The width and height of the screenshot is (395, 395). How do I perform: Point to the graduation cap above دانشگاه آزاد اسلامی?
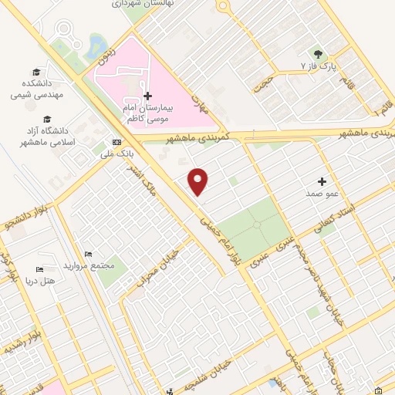click(49, 119)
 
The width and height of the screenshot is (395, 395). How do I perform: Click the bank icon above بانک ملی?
click(116, 142)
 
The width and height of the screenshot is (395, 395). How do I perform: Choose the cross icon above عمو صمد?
click(322, 181)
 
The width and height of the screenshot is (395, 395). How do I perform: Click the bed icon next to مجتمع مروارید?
click(89, 254)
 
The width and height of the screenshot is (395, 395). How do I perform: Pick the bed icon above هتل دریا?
click(39, 271)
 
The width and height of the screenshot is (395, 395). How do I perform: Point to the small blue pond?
click(96, 46)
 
